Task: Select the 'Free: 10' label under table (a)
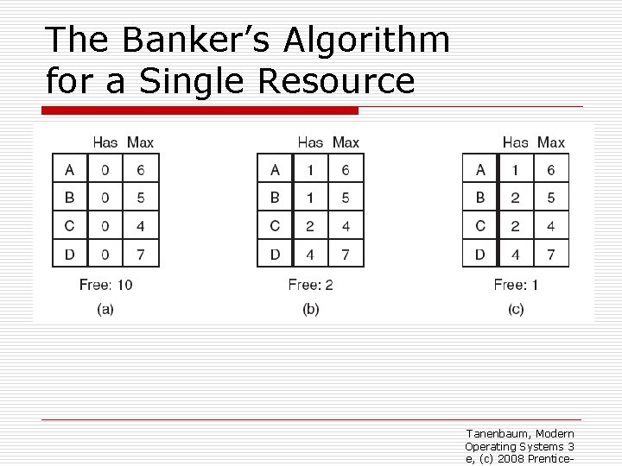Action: [105, 284]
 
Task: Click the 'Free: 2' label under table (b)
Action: [311, 284]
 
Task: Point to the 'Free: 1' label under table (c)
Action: [516, 284]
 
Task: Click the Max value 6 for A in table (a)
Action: [140, 170]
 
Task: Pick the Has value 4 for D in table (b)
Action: [310, 254]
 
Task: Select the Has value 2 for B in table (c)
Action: [516, 198]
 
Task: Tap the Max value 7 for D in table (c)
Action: [550, 254]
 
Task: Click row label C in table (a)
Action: [69, 225]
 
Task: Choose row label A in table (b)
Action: [275, 170]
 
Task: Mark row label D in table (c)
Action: [479, 254]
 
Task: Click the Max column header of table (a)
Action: [140, 142]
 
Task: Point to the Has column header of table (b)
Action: [310, 142]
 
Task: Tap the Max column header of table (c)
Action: [550, 142]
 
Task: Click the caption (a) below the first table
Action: [105, 310]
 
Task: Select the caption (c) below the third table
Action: [516, 310]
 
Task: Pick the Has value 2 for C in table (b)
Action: [310, 225]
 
